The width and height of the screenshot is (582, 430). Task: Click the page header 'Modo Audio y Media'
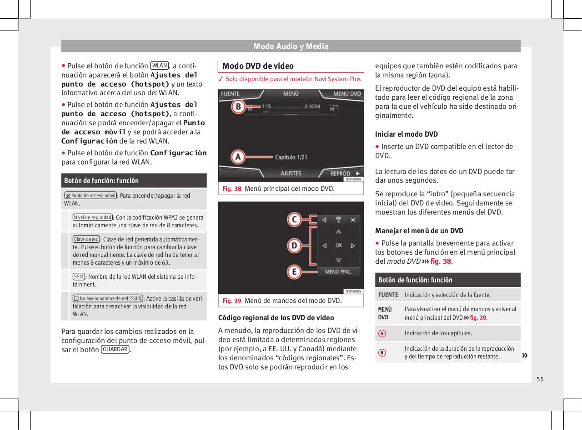291,46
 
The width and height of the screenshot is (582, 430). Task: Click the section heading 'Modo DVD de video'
258,66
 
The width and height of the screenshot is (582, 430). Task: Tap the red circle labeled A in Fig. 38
237,157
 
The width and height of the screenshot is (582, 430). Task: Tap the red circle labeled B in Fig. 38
237,107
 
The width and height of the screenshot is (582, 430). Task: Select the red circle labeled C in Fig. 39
294,220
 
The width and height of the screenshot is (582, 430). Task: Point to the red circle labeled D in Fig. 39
294,246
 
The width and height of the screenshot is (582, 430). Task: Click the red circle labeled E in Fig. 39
294,272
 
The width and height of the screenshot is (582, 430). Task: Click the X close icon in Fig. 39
353,220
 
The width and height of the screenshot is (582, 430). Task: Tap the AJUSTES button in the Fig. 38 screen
291,174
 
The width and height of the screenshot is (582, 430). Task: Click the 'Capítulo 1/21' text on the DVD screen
291,158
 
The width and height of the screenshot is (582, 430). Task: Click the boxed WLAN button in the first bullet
160,65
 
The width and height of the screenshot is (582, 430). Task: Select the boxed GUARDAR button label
115,349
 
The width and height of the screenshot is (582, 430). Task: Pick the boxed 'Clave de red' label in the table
86,239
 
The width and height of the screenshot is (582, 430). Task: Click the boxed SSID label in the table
78,276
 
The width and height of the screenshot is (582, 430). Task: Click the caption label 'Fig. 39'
231,301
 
